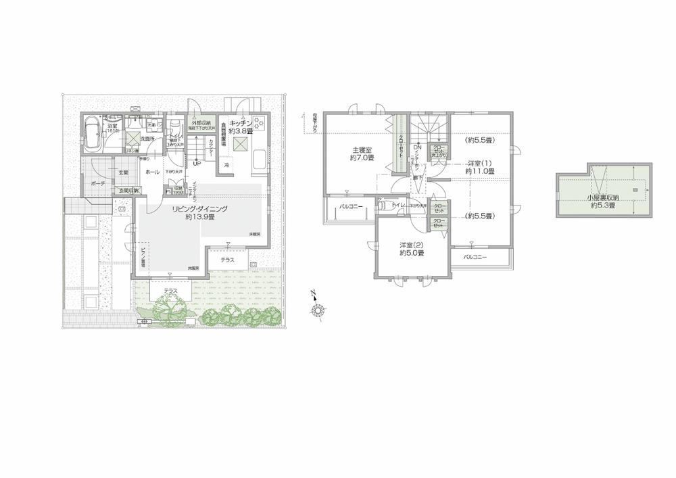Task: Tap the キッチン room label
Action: [x=241, y=122]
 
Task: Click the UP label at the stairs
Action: [x=197, y=163]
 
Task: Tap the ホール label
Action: [x=152, y=172]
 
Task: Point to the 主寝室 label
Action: [x=362, y=150]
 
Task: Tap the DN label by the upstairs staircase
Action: [x=417, y=148]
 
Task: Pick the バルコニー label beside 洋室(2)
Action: [x=478, y=257]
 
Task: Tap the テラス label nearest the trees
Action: [x=170, y=291]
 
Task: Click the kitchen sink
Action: [x=258, y=161]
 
